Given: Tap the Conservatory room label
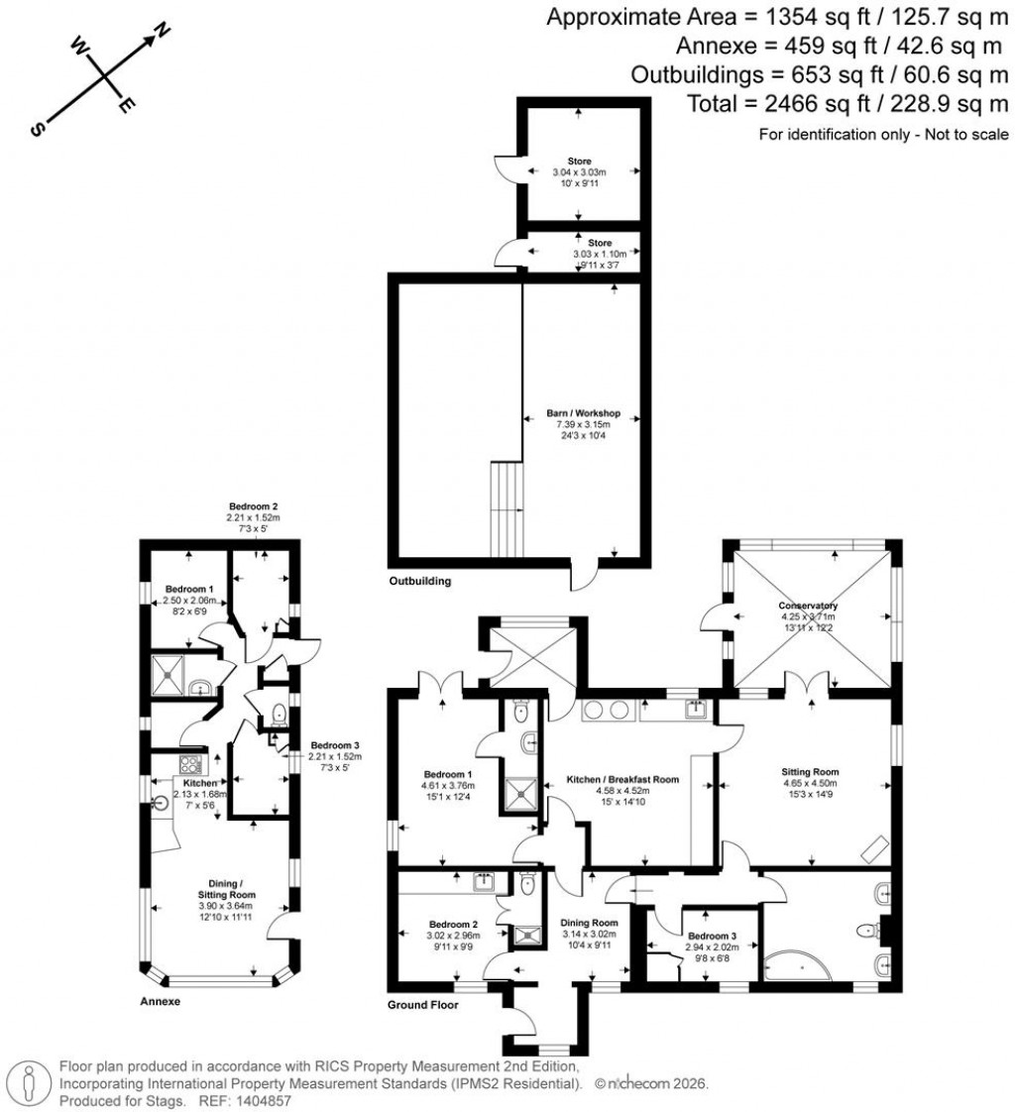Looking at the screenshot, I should click(808, 606).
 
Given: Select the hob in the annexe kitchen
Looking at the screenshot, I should click(189, 765).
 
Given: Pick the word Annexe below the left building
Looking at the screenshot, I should click(160, 1001).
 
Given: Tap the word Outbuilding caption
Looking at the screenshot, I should click(420, 582).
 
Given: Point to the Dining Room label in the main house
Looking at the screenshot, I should click(589, 922).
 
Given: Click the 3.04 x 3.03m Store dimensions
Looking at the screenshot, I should click(580, 171).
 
